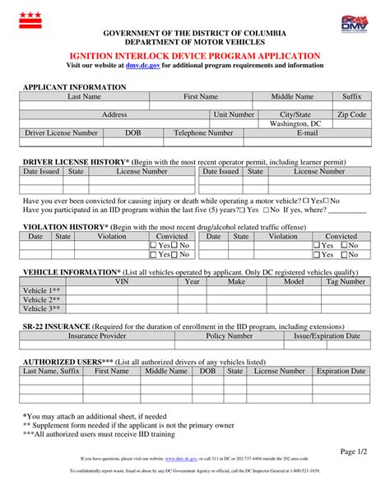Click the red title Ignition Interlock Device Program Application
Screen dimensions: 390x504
tap(195, 54)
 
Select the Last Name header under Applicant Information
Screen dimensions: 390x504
tap(85, 97)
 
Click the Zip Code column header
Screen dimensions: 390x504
tap(352, 115)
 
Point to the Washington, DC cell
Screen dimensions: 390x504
tap(295, 124)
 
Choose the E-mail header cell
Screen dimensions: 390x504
tap(307, 133)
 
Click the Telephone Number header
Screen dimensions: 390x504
tap(203, 133)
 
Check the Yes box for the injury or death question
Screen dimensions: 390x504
tap(307, 201)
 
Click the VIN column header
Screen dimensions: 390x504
tap(121, 281)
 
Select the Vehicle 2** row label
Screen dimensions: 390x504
tap(41, 299)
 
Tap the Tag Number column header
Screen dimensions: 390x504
tap(346, 281)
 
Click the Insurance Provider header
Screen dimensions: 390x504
tap(97, 336)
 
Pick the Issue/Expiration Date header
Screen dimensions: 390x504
tap(327, 336)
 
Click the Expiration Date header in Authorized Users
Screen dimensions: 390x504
tap(340, 372)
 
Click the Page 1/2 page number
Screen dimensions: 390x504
tap(354, 451)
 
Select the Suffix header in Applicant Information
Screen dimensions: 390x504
tap(352, 97)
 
